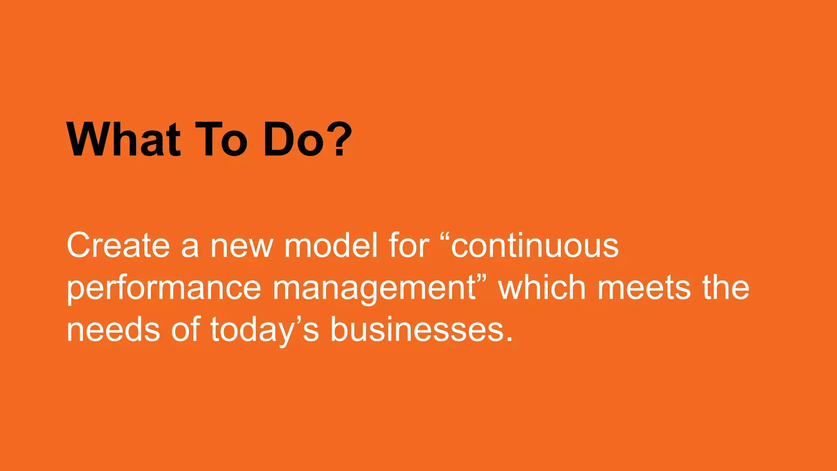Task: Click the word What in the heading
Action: [123, 139]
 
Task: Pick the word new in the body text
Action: [241, 246]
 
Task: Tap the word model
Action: [331, 245]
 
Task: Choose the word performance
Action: [163, 289]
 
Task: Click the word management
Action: [374, 289]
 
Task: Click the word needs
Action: [113, 330]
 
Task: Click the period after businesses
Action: [509, 339]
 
